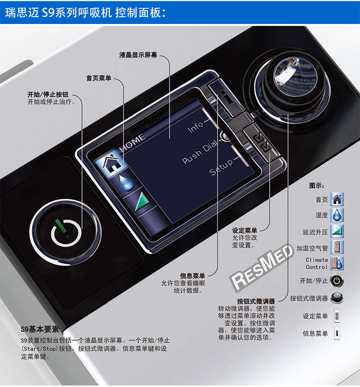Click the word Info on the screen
point(196,127)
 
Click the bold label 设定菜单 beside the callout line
point(244,231)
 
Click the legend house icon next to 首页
point(338,199)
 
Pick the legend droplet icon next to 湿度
point(338,215)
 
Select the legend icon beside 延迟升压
point(338,232)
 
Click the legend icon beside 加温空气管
point(338,248)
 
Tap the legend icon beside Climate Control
point(338,263)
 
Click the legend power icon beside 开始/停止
point(338,281)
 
